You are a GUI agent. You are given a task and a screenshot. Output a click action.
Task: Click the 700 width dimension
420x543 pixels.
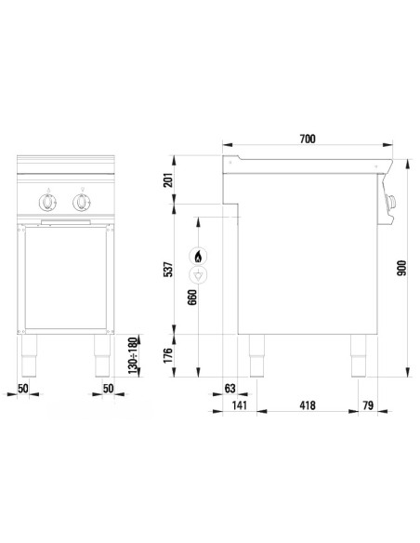coord(308,139)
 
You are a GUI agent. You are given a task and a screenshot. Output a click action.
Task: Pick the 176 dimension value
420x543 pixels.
coord(168,353)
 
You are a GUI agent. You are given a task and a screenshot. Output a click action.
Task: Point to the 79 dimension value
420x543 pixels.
coord(369,406)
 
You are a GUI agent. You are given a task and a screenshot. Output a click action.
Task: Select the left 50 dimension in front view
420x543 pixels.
coord(23,388)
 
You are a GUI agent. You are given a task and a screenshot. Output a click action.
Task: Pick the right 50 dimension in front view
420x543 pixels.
coord(108,388)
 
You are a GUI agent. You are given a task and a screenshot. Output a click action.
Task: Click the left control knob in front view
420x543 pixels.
coord(47,201)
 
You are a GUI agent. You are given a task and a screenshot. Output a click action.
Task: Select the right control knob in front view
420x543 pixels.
coord(83,201)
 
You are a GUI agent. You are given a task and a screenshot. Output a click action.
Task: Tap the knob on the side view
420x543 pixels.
coord(391,199)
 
